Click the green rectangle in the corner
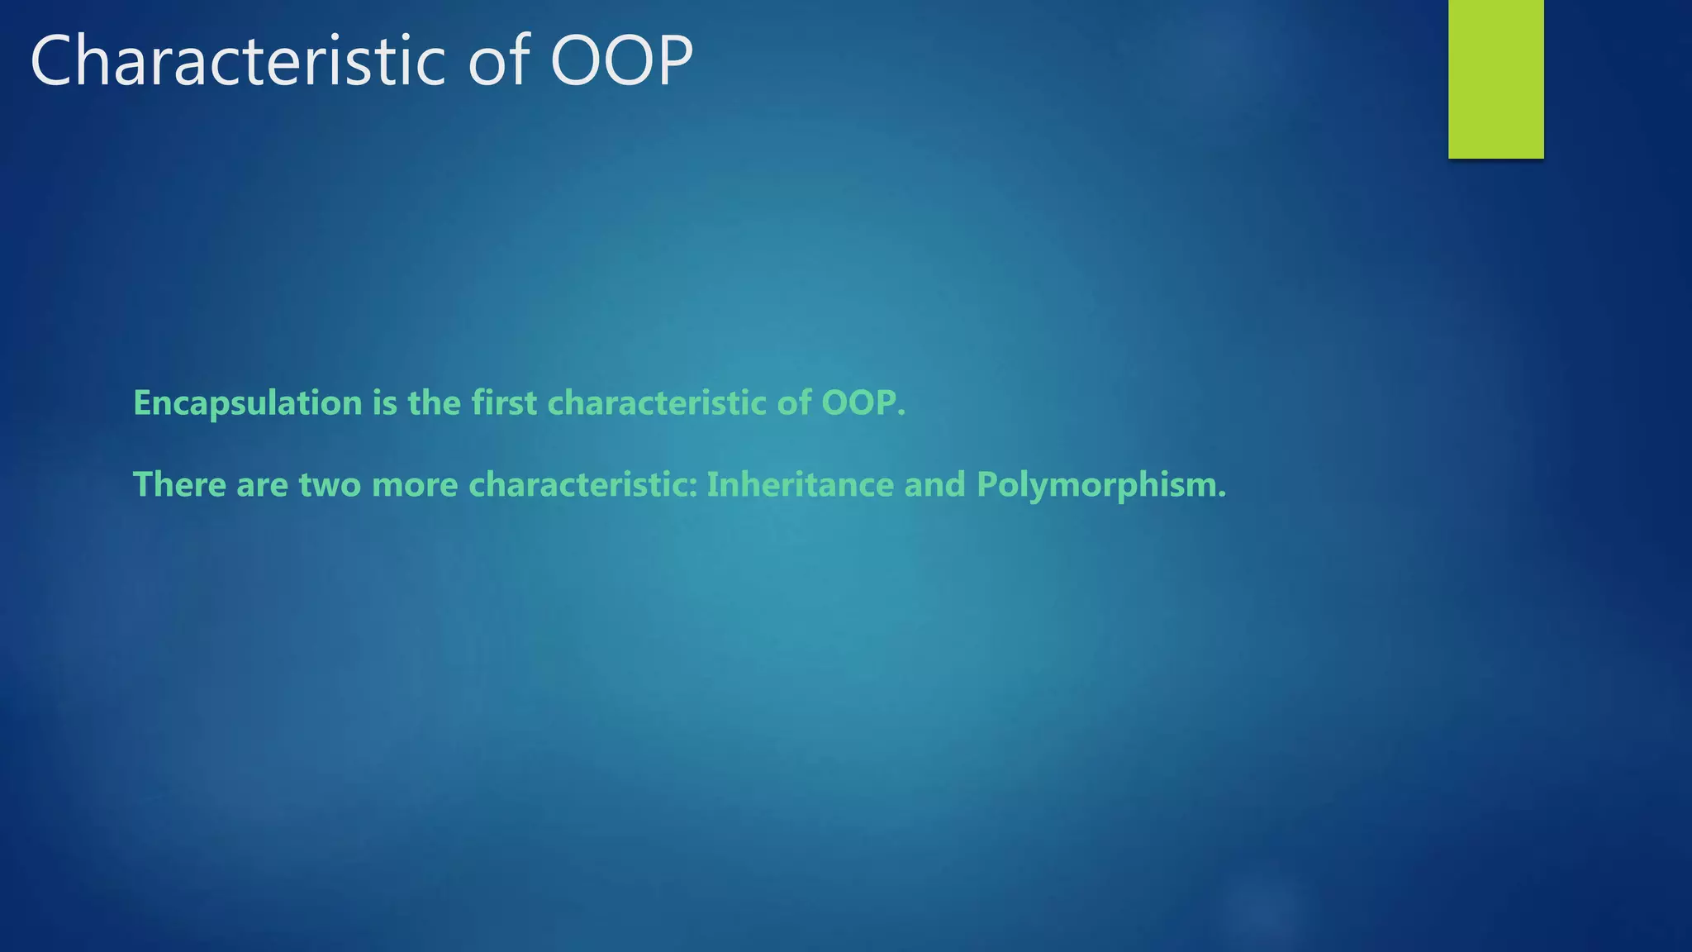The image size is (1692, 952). tap(1495, 79)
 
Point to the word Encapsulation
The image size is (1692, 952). tap(247, 403)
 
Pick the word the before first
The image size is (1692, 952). tap(434, 403)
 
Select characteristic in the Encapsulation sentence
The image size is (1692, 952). tap(657, 403)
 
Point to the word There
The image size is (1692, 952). tap(179, 484)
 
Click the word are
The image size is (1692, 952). tap(262, 484)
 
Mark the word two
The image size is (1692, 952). tap(330, 484)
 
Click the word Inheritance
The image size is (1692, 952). tap(800, 484)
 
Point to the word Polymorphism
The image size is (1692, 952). tap(1100, 484)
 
